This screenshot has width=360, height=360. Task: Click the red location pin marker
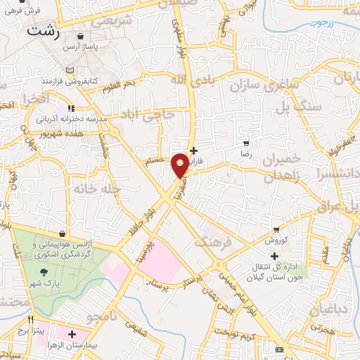[180, 164]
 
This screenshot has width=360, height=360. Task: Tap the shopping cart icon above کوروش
[276, 230]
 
